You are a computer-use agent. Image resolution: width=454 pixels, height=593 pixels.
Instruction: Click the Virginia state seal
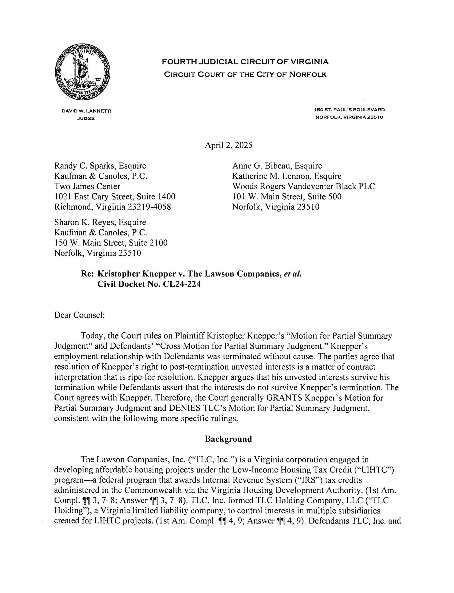(x=82, y=73)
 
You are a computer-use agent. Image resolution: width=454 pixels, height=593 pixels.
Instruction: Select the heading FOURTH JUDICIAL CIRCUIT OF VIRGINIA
(x=245, y=62)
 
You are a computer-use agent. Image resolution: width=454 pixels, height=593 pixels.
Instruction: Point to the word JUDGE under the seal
(x=86, y=118)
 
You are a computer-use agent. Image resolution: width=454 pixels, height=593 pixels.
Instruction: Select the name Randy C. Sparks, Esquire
(x=100, y=166)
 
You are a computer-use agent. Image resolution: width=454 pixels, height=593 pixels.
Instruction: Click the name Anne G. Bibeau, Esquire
(x=277, y=166)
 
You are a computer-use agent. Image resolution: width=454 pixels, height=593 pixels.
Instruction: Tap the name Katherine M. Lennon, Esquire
(x=287, y=176)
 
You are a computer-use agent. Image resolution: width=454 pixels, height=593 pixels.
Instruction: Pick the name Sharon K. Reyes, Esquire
(x=100, y=222)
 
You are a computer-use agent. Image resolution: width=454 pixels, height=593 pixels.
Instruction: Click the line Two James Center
(x=87, y=186)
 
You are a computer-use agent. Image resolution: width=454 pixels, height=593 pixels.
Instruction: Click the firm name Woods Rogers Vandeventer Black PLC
(x=303, y=186)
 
